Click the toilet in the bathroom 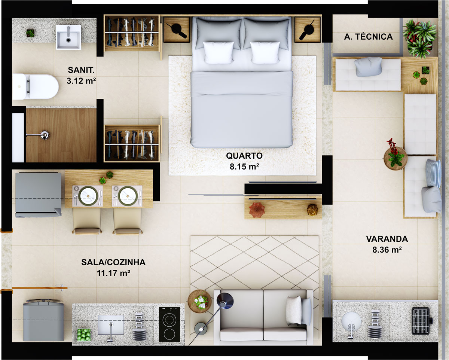coord(36,87)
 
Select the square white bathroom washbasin coord(68,37)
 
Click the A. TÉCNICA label coord(368,37)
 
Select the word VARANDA coord(387,239)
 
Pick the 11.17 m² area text coord(113,273)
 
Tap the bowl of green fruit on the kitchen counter coord(84,334)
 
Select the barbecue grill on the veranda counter coord(422,321)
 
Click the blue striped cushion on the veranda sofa coord(434,173)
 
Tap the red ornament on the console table coord(257,209)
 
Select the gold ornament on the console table coord(312,210)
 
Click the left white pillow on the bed coord(218,52)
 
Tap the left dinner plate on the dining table coord(88,195)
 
